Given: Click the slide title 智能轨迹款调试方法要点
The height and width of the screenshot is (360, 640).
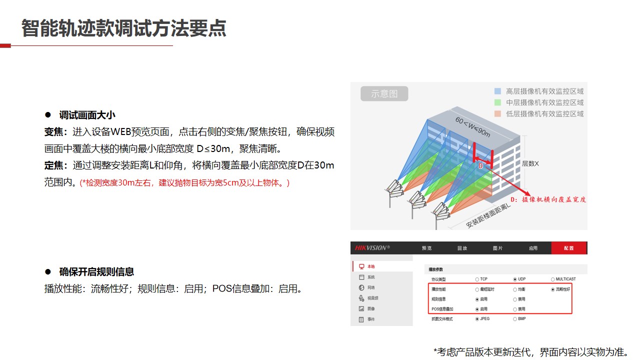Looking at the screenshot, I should coord(123,28).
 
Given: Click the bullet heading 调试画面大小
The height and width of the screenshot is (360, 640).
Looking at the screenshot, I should coord(87,115).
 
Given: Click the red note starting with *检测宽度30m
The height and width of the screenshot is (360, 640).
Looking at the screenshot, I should coord(184,182).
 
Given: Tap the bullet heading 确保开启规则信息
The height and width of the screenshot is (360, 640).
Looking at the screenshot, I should coord(96,272).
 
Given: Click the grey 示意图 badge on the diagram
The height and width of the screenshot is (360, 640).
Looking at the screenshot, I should coord(384,93).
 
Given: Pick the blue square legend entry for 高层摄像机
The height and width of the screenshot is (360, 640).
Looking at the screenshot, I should coord(497,91).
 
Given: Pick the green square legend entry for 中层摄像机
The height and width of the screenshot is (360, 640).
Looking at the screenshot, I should coord(497,102).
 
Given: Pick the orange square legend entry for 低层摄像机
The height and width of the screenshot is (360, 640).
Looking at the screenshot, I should coord(497,113).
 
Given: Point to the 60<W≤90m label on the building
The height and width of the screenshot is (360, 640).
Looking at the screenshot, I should coord(472,126).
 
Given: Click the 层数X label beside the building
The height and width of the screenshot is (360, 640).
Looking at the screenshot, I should coord(530,163).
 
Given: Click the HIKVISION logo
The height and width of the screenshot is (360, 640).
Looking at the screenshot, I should coord(372,248).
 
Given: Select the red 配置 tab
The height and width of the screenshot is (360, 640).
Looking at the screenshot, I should coord(568,248).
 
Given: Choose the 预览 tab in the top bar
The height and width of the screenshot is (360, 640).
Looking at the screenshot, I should coord(426,248).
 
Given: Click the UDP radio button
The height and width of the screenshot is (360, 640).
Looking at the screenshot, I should coord(515,279).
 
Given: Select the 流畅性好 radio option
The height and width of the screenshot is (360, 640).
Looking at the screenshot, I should coord(553,289).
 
